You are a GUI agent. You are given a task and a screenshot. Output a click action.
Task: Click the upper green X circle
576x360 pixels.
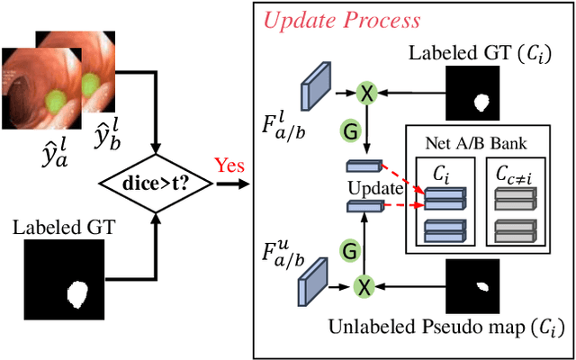[x=366, y=92]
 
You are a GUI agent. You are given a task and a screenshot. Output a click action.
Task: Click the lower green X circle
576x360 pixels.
[x=364, y=286]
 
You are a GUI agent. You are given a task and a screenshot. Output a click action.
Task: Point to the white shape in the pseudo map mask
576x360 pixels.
[x=484, y=285]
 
